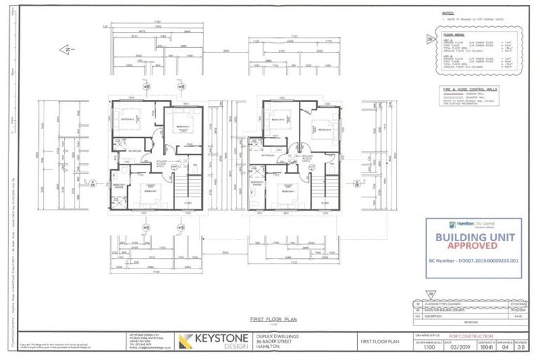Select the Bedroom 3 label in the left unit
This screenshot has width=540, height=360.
click(x=181, y=127)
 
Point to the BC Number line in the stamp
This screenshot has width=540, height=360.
click(x=475, y=259)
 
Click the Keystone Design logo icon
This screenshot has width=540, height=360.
click(x=186, y=342)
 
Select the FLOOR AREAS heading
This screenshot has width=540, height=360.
click(x=451, y=32)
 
